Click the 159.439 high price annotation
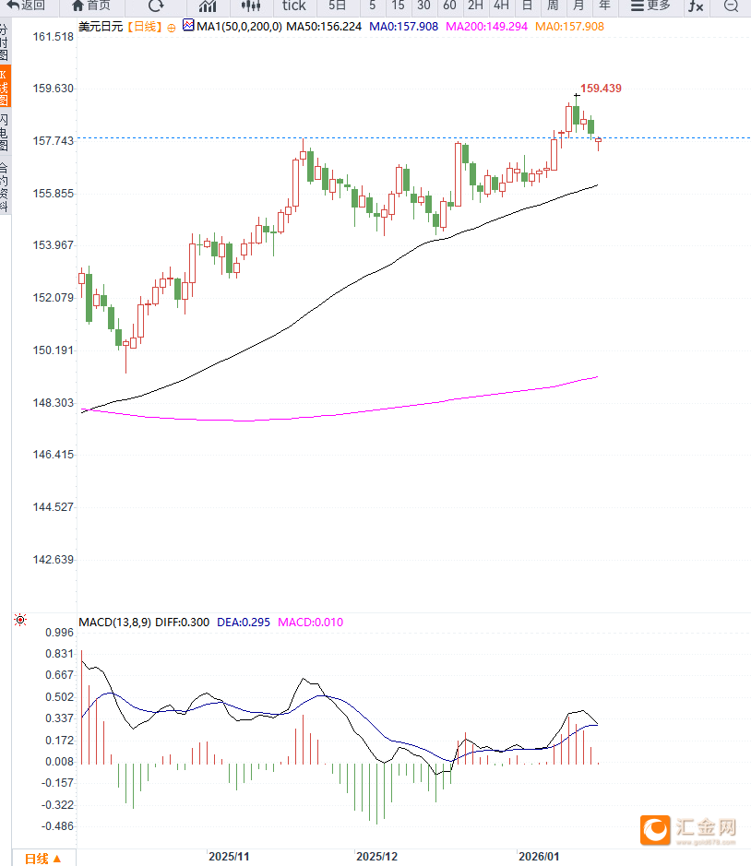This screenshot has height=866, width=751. (x=601, y=89)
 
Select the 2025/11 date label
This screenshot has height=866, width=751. (x=229, y=857)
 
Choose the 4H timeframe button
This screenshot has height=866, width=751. (x=501, y=6)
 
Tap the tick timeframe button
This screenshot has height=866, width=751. (x=294, y=6)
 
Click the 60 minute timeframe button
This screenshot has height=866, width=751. (x=449, y=6)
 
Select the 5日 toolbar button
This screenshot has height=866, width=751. (x=337, y=6)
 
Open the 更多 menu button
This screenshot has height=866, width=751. (x=650, y=6)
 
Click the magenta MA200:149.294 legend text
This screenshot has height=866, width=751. (x=487, y=27)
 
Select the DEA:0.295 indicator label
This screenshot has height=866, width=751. (x=244, y=623)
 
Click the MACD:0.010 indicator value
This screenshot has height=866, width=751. (x=310, y=623)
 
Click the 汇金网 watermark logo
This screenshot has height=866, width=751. (x=690, y=830)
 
